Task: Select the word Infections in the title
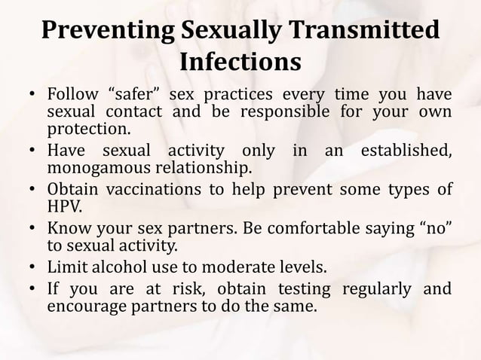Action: [240, 63]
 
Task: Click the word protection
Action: [84, 130]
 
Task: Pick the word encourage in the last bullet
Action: [84, 306]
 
